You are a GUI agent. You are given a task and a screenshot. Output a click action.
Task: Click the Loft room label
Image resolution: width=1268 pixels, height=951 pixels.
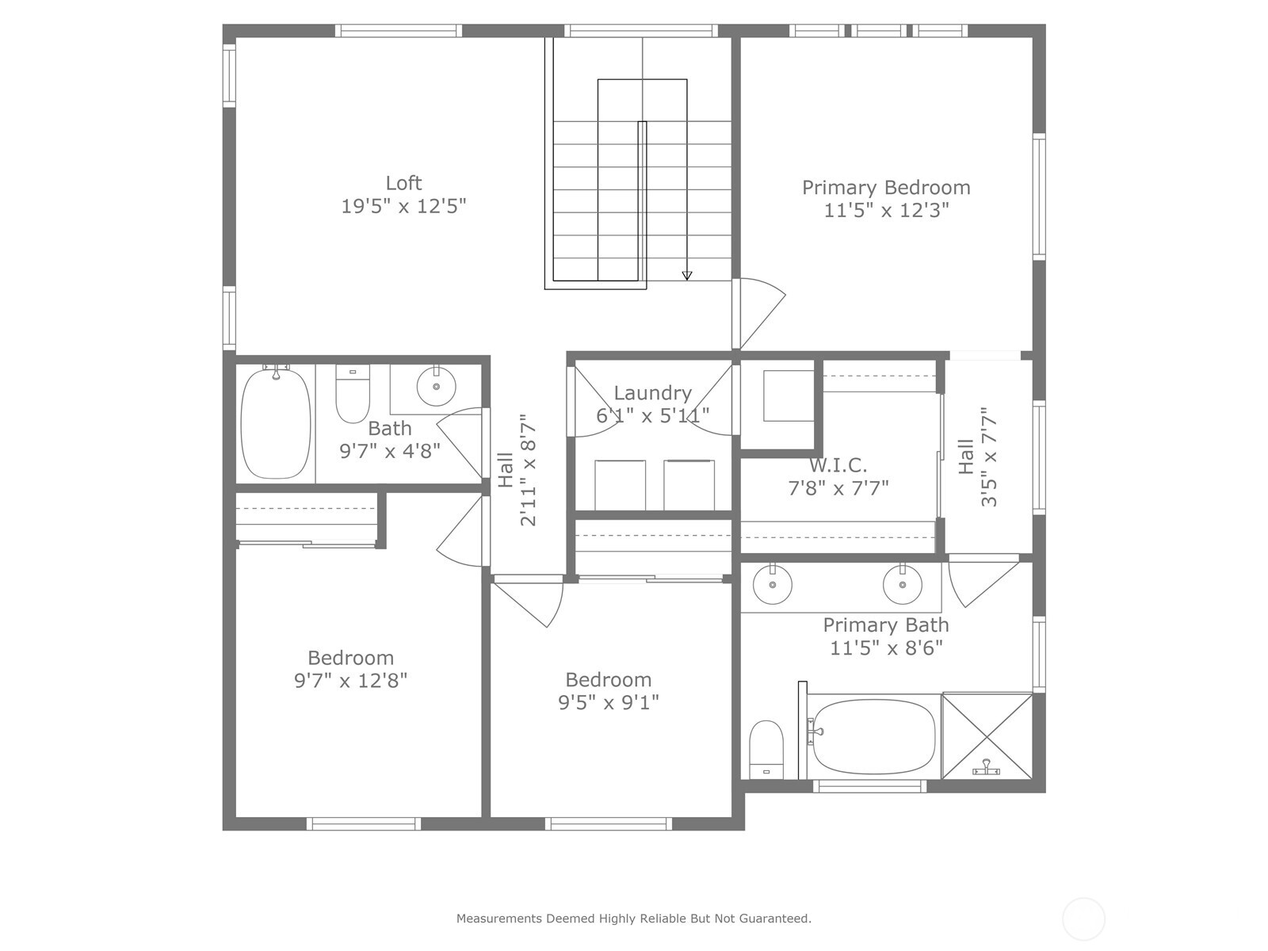pos(403,183)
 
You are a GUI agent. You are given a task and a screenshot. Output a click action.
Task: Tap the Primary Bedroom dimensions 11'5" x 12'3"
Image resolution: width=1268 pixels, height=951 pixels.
pos(886,210)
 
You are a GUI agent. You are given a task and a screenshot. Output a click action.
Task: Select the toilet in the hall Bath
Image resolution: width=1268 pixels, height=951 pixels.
pos(353,393)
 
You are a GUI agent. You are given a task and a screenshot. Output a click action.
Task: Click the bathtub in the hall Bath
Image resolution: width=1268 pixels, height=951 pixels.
pos(276,423)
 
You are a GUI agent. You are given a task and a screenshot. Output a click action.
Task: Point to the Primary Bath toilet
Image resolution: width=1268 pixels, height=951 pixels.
pos(766,748)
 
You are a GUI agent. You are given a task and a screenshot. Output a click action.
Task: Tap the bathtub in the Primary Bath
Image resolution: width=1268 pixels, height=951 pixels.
pos(873,736)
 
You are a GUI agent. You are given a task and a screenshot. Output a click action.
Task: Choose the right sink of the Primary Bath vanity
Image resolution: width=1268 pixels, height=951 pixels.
pos(903,586)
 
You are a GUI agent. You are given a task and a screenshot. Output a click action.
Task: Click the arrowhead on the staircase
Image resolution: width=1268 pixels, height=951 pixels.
pos(687,276)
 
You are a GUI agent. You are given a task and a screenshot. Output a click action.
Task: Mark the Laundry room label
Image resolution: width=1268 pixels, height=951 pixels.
pos(652,393)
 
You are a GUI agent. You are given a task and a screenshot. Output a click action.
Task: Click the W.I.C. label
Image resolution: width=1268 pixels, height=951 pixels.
pos(838,465)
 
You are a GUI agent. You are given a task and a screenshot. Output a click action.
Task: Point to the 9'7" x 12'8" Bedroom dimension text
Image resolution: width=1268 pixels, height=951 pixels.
pos(350,681)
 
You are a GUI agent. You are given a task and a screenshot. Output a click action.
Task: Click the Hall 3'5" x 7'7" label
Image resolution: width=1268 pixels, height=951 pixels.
pos(977,457)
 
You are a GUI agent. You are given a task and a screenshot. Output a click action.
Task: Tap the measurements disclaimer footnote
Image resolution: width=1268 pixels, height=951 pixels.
pos(633,919)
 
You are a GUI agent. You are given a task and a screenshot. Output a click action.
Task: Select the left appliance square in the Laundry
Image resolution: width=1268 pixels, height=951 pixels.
pos(620,485)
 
